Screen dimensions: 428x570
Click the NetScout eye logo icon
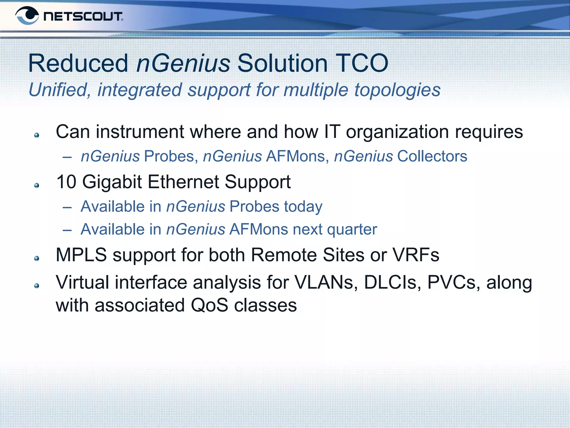pos(27,16)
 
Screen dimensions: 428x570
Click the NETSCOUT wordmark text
pos(83,16)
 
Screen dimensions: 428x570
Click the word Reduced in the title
pos(78,63)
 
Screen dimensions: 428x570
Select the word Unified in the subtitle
pos(58,90)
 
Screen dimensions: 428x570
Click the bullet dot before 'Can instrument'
pos(36,135)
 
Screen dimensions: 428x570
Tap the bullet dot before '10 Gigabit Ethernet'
pos(36,186)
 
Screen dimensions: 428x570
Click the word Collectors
pos(432,156)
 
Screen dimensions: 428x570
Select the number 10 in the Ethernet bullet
pos(66,182)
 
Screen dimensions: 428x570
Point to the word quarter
pos(352,230)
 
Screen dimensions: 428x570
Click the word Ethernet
pos(183,182)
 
